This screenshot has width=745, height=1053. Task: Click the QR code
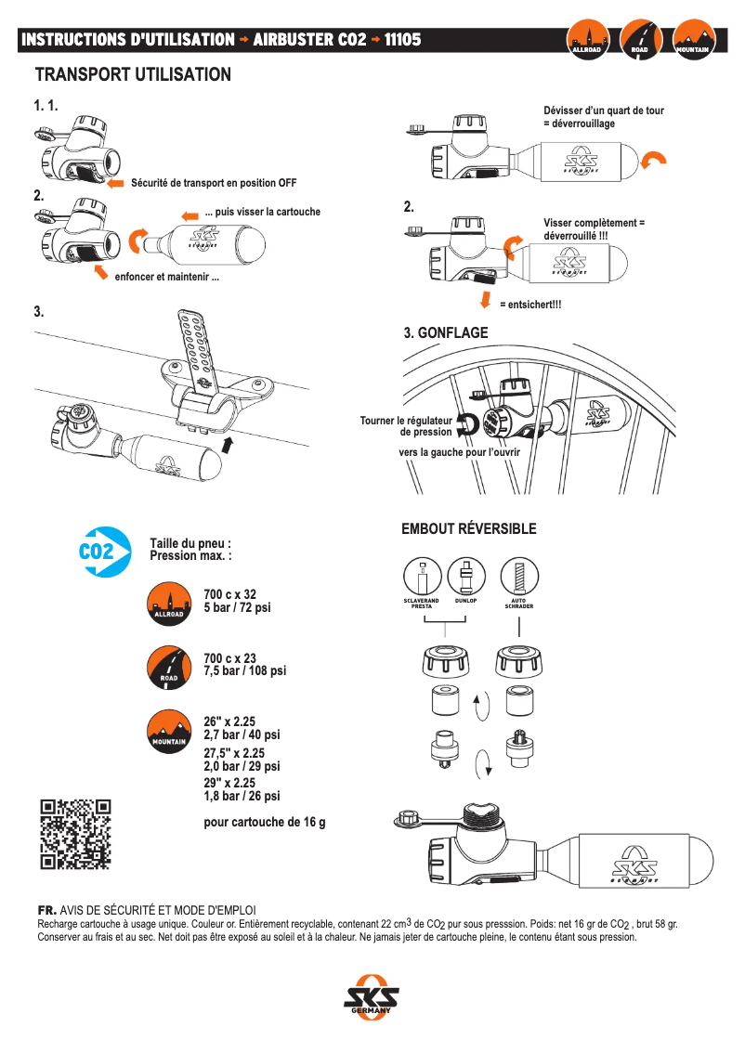[75, 834]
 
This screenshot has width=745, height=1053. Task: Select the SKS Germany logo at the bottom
[372, 999]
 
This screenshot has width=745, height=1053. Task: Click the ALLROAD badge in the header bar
[588, 41]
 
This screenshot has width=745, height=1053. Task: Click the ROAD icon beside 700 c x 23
[168, 666]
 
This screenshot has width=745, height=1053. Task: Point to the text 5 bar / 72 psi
[237, 607]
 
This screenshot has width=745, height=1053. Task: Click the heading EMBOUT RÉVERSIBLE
[468, 529]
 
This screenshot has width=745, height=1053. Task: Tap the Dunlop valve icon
[465, 578]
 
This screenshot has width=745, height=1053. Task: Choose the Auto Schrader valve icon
[518, 578]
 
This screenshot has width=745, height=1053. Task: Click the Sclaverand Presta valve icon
[424, 578]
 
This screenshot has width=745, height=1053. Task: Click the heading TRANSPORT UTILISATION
[133, 74]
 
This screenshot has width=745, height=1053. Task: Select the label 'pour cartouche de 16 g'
[264, 822]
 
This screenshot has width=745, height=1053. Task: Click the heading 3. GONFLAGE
[445, 332]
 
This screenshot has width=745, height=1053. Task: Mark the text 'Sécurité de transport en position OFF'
[214, 183]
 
